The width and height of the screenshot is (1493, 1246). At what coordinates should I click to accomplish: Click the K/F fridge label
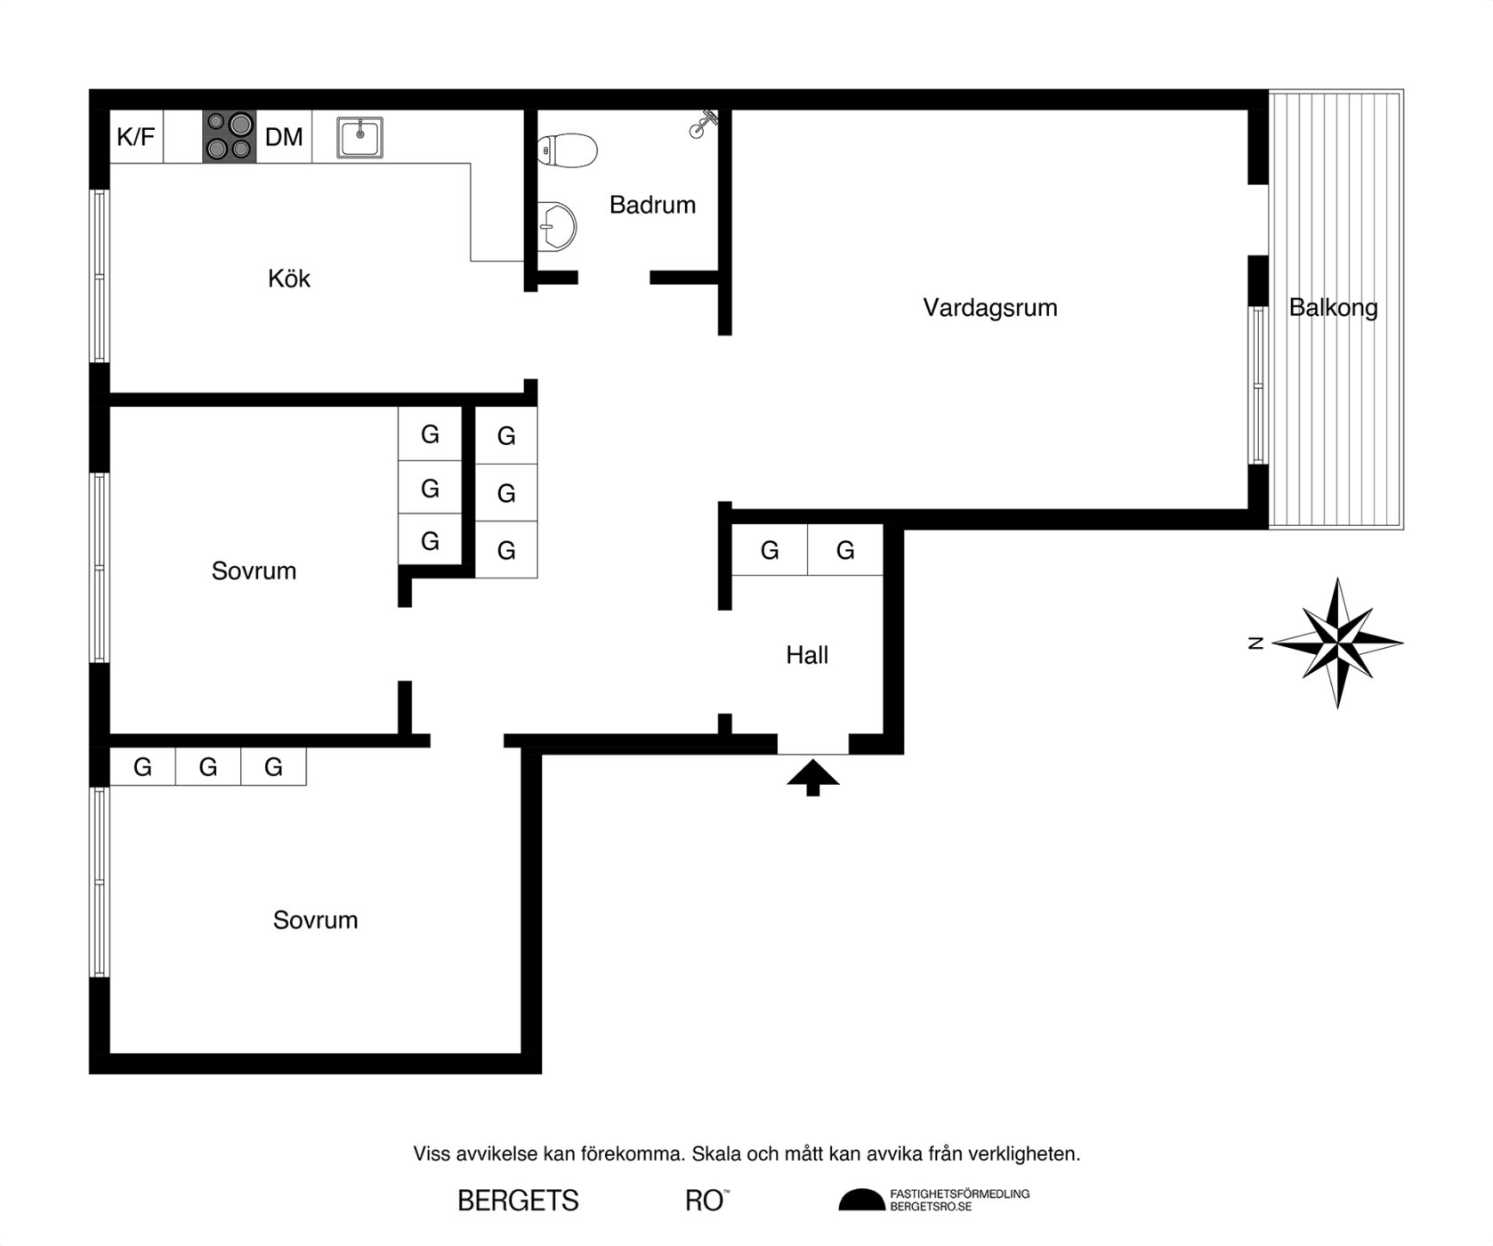pos(135,137)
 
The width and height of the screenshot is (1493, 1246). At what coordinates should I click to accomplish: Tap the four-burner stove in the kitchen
pos(230,136)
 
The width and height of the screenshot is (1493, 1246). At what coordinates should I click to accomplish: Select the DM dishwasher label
pos(284,137)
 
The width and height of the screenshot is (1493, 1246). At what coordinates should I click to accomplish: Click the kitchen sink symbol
pos(359,137)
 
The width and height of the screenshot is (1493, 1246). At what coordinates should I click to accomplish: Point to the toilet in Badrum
pos(567,150)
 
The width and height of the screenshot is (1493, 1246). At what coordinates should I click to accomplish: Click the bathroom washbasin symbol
pos(557,226)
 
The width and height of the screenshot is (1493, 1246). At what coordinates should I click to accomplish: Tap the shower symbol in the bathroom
pos(702,125)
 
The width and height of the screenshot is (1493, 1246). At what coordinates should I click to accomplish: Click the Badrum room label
pos(652,205)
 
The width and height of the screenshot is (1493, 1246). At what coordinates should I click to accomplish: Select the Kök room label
pos(289,279)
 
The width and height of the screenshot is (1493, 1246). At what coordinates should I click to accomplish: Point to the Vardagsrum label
pos(990,308)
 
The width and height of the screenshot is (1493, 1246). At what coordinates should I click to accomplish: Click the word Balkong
pos(1333,308)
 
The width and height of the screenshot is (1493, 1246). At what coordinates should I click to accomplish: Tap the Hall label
pos(807,656)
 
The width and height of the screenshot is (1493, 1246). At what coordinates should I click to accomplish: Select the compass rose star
pos(1337,643)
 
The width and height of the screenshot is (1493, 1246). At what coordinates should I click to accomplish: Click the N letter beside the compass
pos(1256,643)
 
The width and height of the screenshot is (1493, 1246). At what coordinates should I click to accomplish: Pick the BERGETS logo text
pos(518,1201)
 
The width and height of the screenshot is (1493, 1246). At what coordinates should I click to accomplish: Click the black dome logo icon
pos(861,1200)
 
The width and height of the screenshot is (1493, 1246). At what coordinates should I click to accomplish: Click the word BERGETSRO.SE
pos(931,1207)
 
